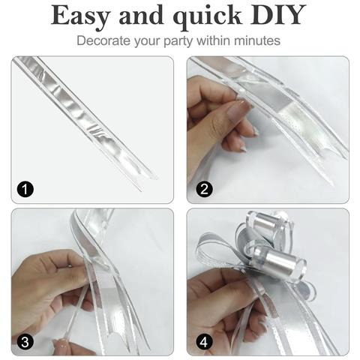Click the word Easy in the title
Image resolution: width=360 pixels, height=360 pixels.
point(80,16)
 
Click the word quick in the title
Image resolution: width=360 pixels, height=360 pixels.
point(208,17)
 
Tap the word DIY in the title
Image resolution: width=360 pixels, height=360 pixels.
point(278,15)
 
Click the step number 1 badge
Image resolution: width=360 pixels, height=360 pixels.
point(25,190)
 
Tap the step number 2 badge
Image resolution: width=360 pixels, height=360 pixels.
point(204,189)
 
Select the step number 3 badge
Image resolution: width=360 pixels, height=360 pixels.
point(25,342)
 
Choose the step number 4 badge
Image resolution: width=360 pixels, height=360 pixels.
point(204,342)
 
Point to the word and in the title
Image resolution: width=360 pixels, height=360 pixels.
point(142,16)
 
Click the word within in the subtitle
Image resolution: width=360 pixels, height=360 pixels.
point(214,40)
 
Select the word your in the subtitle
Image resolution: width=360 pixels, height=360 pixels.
point(148,42)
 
